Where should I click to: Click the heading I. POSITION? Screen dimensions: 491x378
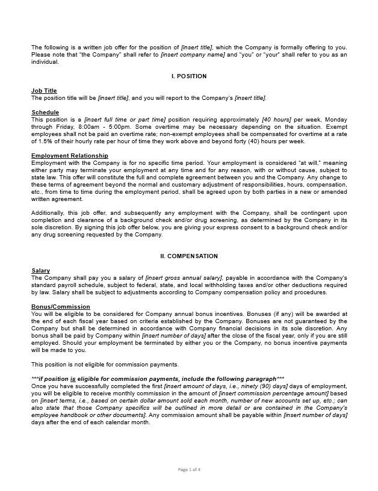(x=189, y=76)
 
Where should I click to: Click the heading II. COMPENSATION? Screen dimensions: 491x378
(x=189, y=256)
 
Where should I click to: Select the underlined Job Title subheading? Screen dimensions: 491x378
(x=44, y=91)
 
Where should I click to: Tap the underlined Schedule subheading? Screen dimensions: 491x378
(x=45, y=113)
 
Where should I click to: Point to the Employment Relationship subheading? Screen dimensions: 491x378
(x=70, y=156)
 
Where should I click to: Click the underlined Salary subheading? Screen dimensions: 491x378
(x=40, y=271)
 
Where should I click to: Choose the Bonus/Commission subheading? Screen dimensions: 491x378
(x=61, y=307)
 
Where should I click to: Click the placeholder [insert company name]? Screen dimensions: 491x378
(x=193, y=55)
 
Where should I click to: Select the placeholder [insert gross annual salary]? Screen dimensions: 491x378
(x=184, y=278)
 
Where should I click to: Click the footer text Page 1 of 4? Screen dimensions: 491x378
(x=189, y=469)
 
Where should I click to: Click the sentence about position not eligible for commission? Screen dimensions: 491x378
(x=105, y=365)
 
